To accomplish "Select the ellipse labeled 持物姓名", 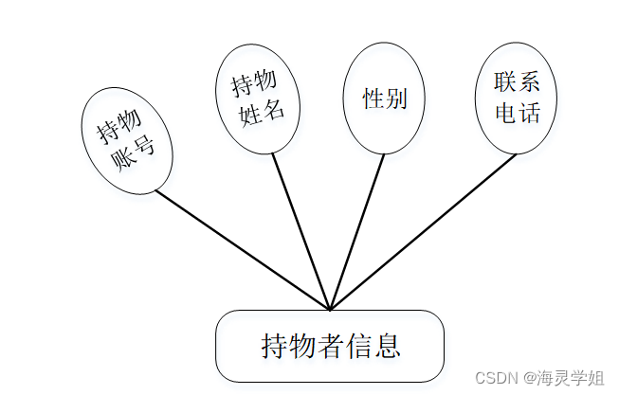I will [257, 99].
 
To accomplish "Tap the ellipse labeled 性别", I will [384, 99].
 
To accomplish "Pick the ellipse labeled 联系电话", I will [516, 99].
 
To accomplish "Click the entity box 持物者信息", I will [330, 346].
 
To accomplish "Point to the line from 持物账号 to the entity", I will [242, 250].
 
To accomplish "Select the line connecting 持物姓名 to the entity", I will [300, 231].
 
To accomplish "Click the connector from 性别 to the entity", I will [357, 231].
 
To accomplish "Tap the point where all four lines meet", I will [330, 309].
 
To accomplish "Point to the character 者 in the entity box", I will [330, 346].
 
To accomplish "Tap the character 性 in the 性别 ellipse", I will [373, 99].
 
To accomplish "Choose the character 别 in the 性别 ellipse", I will [396, 99].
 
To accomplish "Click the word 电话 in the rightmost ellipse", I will [518, 114].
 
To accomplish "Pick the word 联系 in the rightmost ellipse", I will [517, 83].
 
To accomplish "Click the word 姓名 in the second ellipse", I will [263, 112].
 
